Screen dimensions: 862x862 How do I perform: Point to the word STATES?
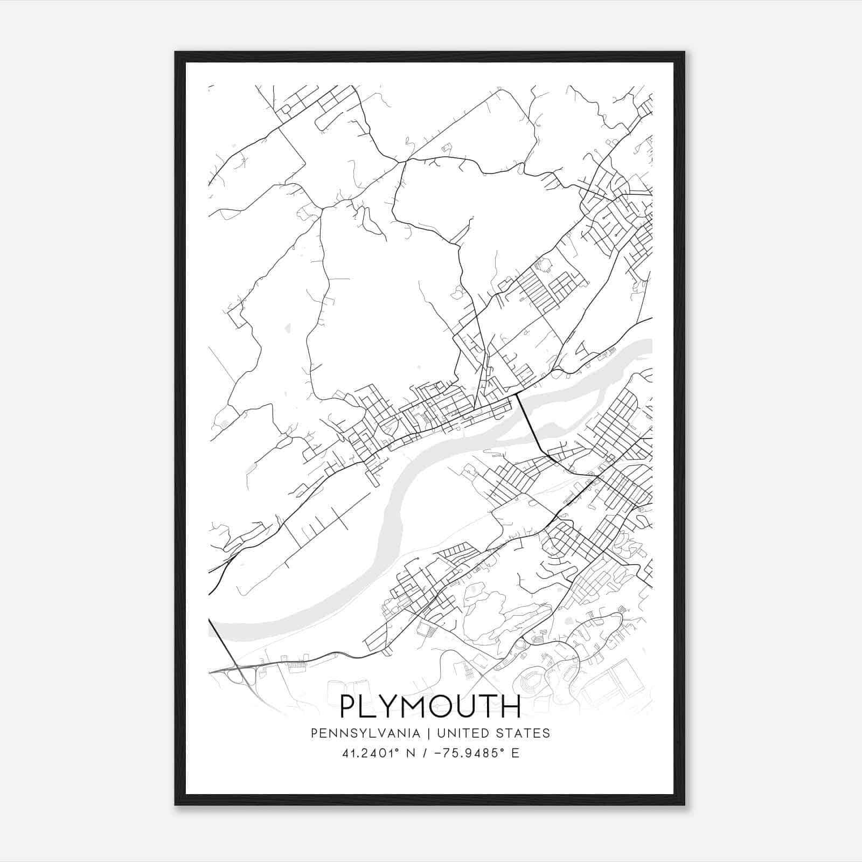524,733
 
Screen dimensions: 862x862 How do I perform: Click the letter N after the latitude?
414,753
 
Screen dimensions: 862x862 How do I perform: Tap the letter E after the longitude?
516,753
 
